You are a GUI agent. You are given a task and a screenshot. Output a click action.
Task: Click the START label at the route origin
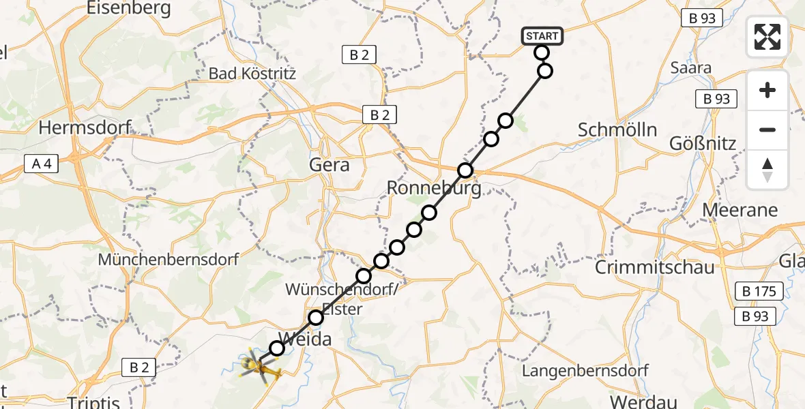point(542,36)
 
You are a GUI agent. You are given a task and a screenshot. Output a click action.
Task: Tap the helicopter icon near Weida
point(261,367)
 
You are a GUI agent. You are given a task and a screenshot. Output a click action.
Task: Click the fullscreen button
point(767,37)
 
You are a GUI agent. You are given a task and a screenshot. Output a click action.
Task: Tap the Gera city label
point(330,164)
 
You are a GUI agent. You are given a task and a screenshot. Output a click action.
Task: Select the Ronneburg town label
point(434,187)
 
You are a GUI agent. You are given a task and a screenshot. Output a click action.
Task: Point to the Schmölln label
point(617,130)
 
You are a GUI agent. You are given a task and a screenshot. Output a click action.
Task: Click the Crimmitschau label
point(654,267)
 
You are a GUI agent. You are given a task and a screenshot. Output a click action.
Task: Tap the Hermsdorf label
point(85,127)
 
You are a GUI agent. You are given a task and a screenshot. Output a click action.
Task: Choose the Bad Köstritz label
point(252,73)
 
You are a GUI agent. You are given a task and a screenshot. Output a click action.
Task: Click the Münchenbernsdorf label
point(169,260)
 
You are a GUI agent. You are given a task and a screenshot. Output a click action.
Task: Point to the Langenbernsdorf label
point(585,371)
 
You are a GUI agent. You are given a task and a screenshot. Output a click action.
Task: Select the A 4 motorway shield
point(42,163)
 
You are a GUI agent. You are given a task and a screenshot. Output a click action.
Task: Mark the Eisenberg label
point(129,8)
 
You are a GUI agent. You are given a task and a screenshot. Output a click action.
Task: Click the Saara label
point(690,67)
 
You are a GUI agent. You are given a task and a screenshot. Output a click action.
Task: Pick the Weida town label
point(304,339)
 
